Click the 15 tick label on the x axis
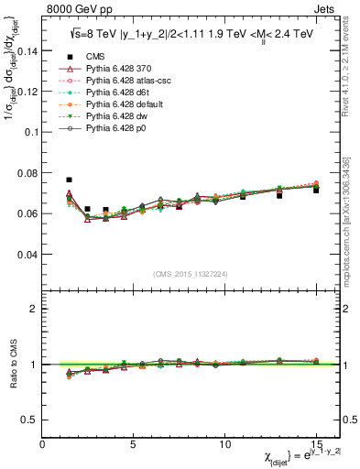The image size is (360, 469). click(x=316, y=442)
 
